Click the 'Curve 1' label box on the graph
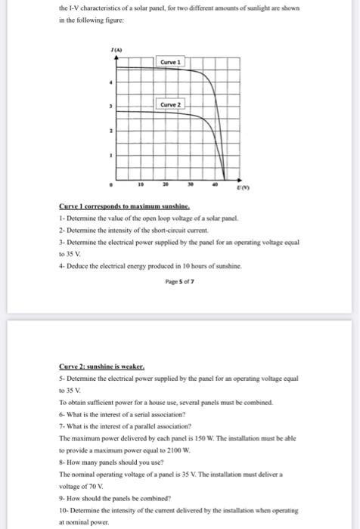click(170, 60)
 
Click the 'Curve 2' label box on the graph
click(170, 104)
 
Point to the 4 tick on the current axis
click(112, 82)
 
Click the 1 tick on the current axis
click(112, 156)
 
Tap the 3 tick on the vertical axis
click(112, 107)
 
